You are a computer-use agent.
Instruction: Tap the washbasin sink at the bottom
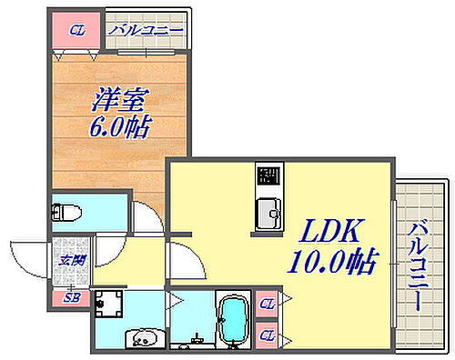tap(144, 339)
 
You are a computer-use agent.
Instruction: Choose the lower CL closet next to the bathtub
tap(267, 336)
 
